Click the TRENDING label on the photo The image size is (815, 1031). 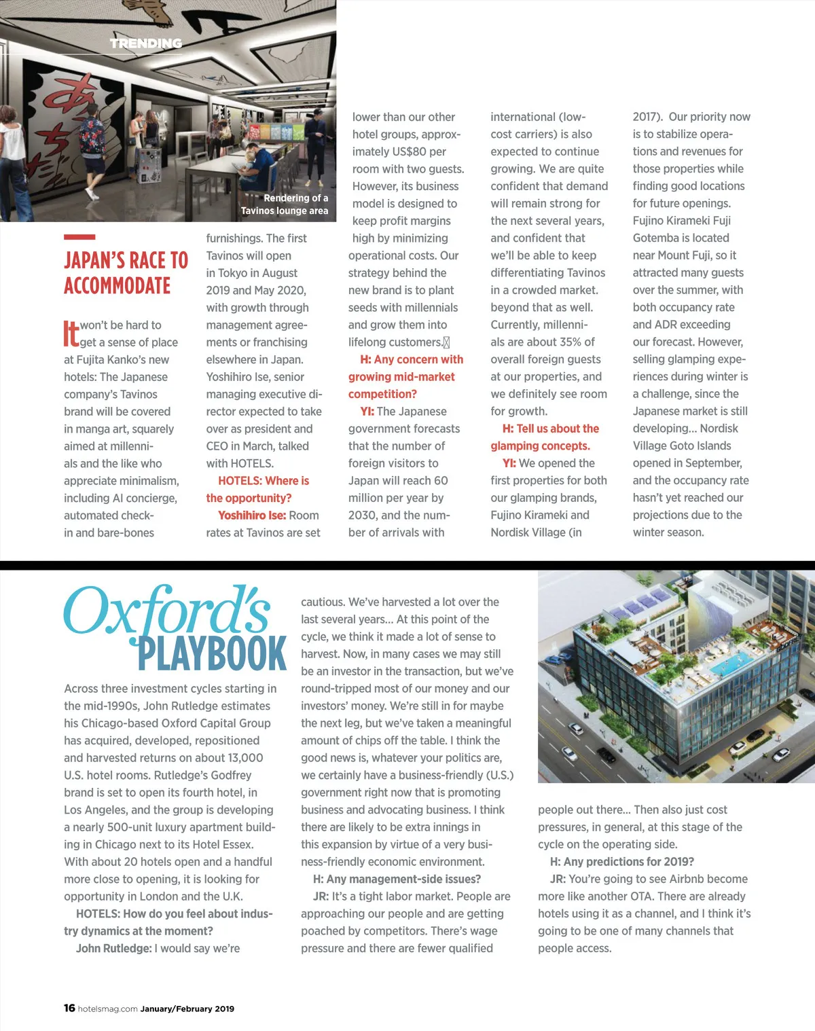tap(146, 43)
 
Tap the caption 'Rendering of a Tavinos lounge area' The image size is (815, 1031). tap(285, 204)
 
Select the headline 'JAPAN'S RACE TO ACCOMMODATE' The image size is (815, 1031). tap(126, 273)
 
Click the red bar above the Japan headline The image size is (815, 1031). tap(79, 237)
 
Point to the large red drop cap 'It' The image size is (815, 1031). tap(71, 333)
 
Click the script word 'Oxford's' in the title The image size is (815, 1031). tap(167, 611)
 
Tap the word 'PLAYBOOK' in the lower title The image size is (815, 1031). tap(212, 654)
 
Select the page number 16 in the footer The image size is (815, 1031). tap(69, 1008)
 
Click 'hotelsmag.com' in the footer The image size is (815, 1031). tap(108, 1009)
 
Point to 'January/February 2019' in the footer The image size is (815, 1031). tap(187, 1009)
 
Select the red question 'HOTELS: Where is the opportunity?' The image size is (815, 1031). tap(258, 489)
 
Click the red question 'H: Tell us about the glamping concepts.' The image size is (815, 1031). tap(546, 437)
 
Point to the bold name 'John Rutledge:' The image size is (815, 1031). tap(113, 948)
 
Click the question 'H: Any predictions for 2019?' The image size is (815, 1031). tap(621, 862)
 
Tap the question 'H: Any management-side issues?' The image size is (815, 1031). tap(397, 879)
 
